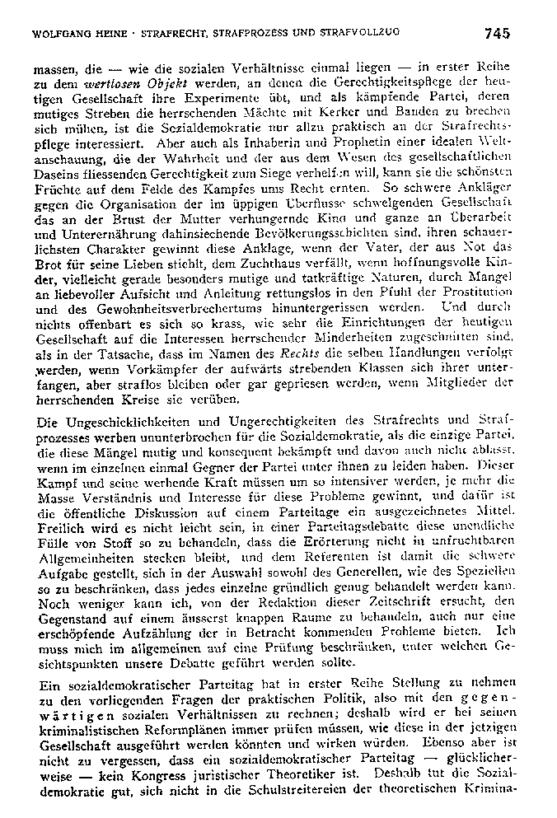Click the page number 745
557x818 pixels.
[498, 33]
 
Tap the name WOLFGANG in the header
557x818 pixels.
[59, 34]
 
